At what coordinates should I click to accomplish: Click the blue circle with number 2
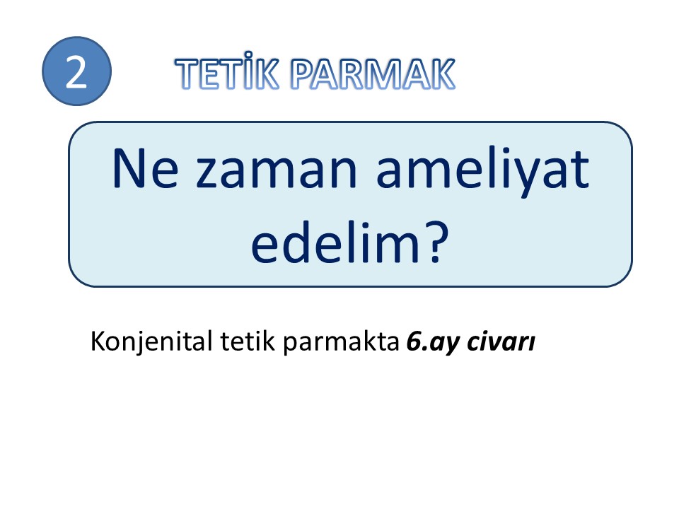tap(76, 71)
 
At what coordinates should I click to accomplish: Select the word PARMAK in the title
tap(373, 74)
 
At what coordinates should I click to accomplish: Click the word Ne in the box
tap(145, 169)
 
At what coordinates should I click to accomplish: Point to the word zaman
tap(277, 173)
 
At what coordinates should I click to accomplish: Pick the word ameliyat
tap(483, 172)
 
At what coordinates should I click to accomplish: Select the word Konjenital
tap(151, 342)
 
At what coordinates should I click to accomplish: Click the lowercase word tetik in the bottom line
tap(248, 341)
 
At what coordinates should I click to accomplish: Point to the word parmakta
tap(341, 342)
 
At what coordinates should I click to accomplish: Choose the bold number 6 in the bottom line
tap(414, 341)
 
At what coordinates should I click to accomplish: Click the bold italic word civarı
tap(501, 341)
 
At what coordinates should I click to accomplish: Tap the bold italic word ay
tap(444, 344)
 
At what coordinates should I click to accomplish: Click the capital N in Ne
tap(129, 169)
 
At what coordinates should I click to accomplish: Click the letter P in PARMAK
tap(301, 74)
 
